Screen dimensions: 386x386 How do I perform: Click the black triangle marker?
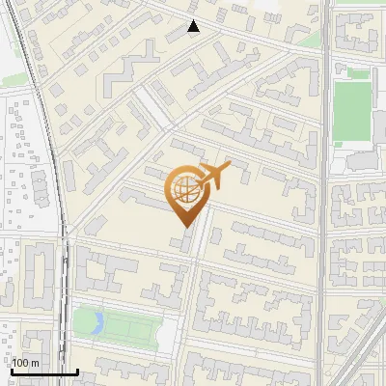[x=193, y=26]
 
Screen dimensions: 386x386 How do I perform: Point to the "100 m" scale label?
[x=26, y=362]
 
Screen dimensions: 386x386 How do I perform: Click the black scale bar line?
[x=44, y=372]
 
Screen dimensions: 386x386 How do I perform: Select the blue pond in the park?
[x=96, y=323]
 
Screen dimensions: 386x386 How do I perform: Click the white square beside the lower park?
[x=167, y=334]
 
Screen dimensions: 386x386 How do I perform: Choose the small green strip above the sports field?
[x=358, y=73]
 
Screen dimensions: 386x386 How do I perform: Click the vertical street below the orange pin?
[x=194, y=289]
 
